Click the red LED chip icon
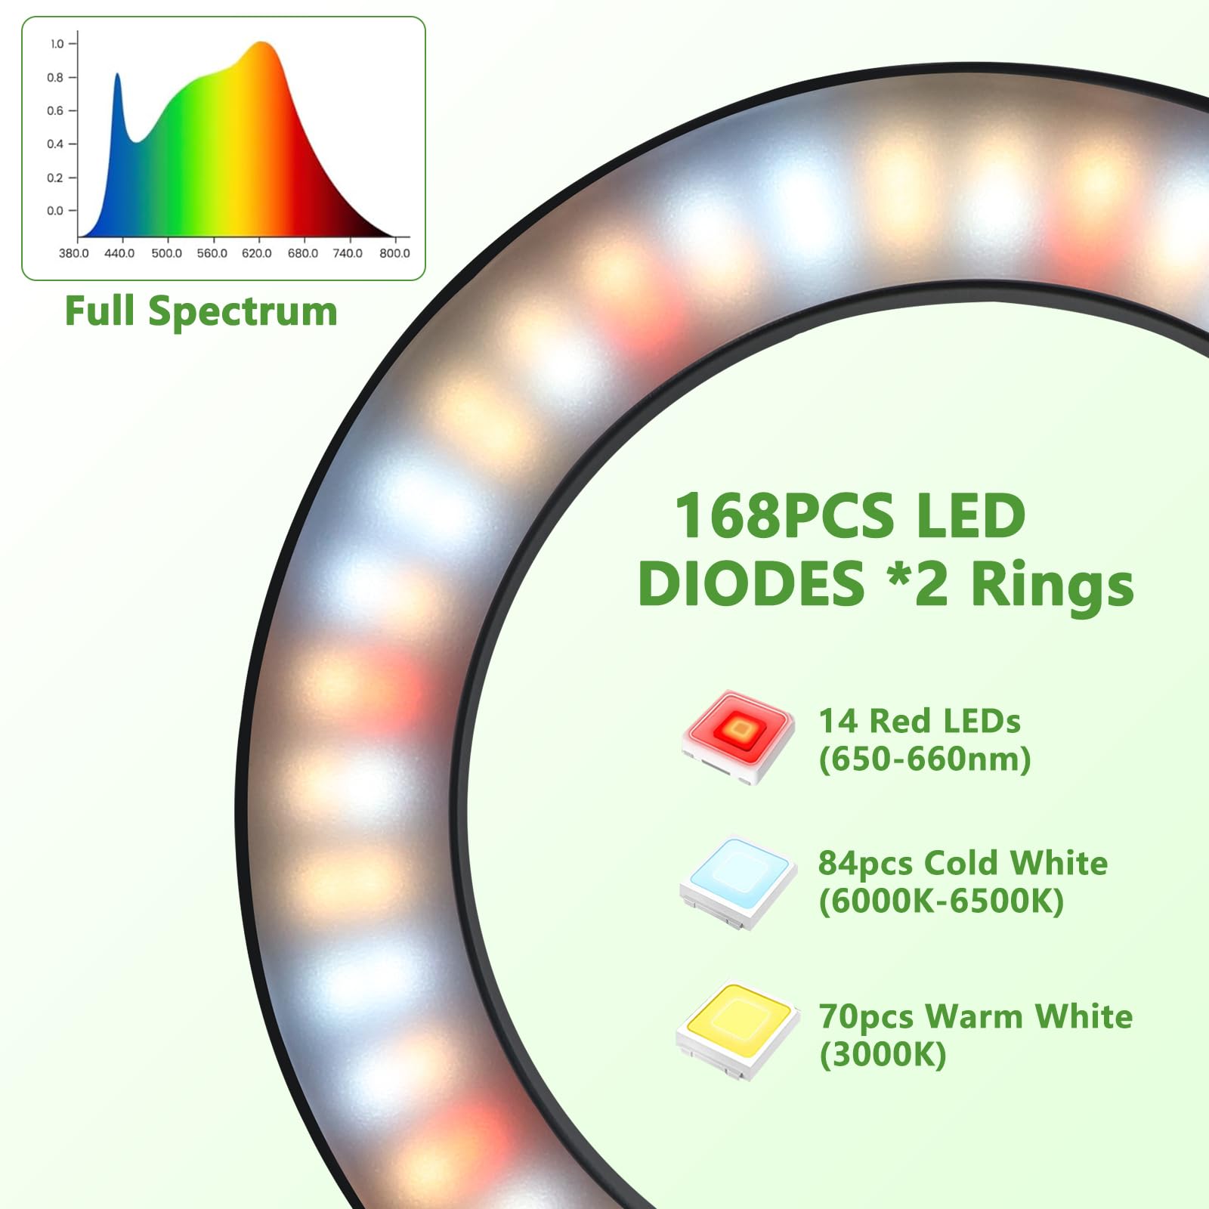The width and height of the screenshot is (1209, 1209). (x=738, y=734)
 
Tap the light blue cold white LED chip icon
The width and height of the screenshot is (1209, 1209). (x=738, y=881)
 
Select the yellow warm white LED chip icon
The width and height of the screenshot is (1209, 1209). (x=737, y=1029)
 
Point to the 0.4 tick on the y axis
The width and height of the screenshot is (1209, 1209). (x=57, y=144)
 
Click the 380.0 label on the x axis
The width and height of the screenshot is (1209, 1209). (x=73, y=253)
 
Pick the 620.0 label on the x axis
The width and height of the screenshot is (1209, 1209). (x=257, y=253)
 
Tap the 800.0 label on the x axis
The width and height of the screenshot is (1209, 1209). (x=394, y=253)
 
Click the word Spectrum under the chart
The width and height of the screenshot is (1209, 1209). (x=243, y=311)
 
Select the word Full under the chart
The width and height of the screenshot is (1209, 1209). (x=100, y=311)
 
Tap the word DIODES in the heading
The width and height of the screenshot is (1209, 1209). (x=751, y=585)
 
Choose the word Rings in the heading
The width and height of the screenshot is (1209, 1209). (x=1053, y=585)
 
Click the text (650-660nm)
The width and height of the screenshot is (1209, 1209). (x=925, y=759)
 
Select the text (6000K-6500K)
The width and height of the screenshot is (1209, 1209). (x=942, y=901)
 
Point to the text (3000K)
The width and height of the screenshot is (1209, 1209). (x=883, y=1054)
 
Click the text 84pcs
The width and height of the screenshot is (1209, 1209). (x=865, y=864)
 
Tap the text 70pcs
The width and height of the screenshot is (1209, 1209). (x=866, y=1017)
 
